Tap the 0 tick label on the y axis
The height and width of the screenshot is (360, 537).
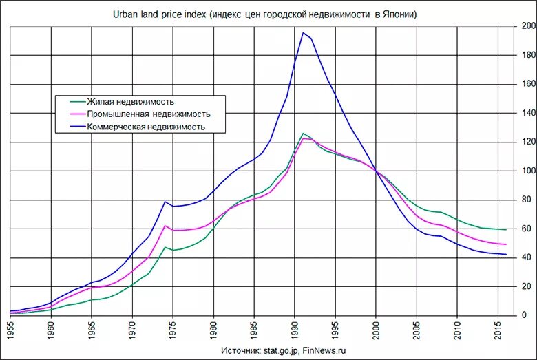pyautogui.click(x=524, y=315)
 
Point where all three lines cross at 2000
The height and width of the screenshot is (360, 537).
pyautogui.click(x=377, y=171)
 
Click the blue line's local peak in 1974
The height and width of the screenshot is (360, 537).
pyautogui.click(x=165, y=201)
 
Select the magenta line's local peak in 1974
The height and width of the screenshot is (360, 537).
pyautogui.click(x=165, y=226)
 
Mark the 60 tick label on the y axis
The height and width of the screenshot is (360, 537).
pyautogui.click(x=526, y=229)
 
